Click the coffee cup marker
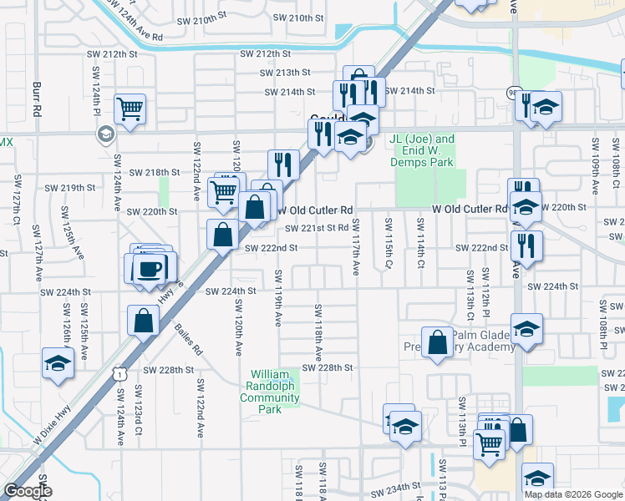click(150, 269)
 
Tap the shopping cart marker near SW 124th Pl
click(130, 109)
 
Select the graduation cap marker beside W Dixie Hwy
click(58, 363)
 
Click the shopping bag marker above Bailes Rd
click(143, 320)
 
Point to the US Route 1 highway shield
click(120, 376)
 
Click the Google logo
click(28, 491)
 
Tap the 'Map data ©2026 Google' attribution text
click(573, 494)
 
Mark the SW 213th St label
click(282, 73)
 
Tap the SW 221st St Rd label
click(315, 228)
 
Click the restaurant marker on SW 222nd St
click(527, 245)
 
